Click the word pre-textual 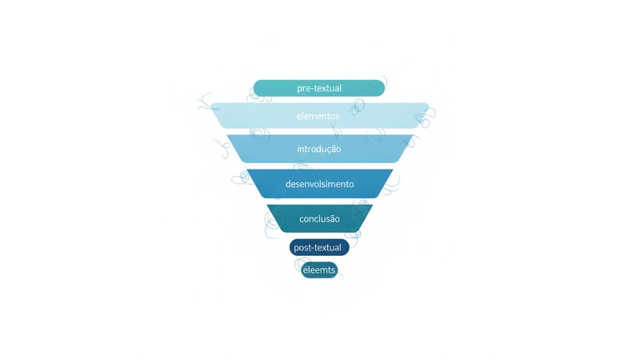(319, 88)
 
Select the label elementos (318, 116)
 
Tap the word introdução (318, 149)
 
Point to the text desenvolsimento (319, 184)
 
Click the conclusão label (319, 218)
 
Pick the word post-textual (318, 248)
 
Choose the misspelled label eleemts (319, 270)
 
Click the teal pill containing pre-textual (318, 88)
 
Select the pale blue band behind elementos (319, 116)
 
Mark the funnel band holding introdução (319, 149)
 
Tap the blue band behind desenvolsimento (319, 184)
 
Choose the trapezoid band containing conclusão (319, 218)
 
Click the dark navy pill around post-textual (319, 248)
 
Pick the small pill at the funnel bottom (319, 270)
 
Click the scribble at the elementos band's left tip (206, 102)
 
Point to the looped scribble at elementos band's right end (425, 117)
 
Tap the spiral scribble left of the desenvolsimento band (242, 178)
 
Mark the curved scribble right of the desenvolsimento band (391, 186)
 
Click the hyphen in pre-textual (311, 89)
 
